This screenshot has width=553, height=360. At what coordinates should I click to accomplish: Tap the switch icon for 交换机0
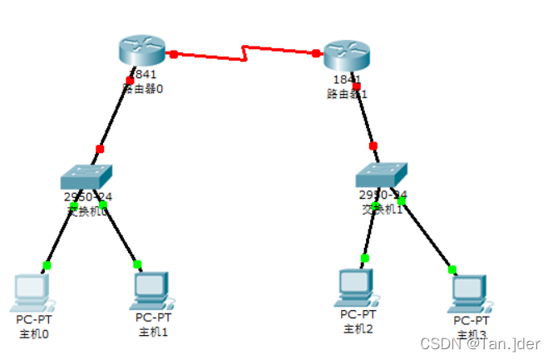(x=86, y=176)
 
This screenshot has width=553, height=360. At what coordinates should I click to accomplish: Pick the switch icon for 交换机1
(x=383, y=174)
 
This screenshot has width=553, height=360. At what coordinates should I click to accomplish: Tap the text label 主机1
(x=153, y=332)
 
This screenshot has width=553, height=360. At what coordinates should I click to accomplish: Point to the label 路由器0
(x=142, y=88)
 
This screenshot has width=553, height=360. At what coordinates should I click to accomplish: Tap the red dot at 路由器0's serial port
(x=174, y=54)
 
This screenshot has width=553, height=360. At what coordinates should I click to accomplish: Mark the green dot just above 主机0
(x=47, y=265)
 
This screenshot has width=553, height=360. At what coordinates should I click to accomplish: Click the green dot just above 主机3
(x=452, y=269)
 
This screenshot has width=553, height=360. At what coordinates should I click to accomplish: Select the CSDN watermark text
(x=480, y=343)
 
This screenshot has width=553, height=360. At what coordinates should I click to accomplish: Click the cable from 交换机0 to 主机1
(x=121, y=235)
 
